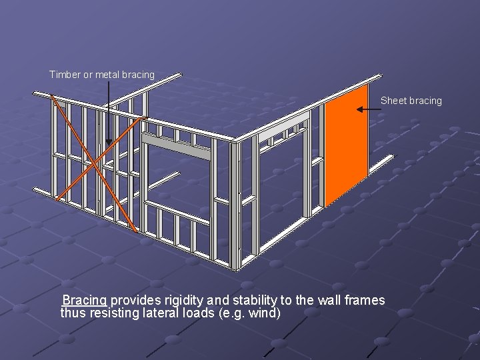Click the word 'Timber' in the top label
pyautogui.click(x=64, y=75)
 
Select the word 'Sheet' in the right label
pyautogui.click(x=393, y=101)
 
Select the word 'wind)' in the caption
pyautogui.click(x=265, y=313)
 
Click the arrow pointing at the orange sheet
pyautogui.click(x=366, y=108)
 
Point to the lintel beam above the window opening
pyautogui.click(x=176, y=147)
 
